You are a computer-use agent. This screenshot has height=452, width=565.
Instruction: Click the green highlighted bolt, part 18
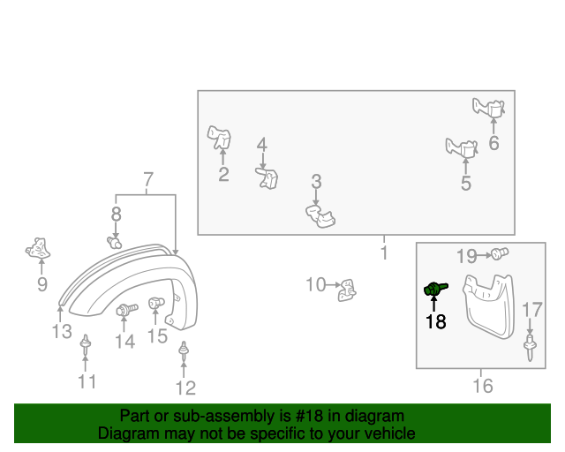435,289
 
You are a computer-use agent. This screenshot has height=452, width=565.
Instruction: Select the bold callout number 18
435,321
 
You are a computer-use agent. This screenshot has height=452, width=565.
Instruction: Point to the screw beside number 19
500,253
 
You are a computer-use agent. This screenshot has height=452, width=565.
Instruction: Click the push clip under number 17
530,347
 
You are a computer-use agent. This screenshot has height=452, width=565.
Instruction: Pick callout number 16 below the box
483,386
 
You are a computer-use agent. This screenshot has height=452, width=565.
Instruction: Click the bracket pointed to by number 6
489,108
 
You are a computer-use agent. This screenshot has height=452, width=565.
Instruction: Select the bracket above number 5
462,147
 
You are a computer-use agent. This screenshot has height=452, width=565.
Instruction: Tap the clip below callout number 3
320,216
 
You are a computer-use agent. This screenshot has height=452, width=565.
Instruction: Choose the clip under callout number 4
267,177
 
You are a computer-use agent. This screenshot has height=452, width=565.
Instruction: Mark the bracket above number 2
219,137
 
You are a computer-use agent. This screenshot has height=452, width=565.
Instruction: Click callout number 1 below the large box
384,252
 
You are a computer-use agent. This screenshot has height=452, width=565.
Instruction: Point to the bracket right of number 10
347,290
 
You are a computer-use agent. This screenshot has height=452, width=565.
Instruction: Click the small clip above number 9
38,248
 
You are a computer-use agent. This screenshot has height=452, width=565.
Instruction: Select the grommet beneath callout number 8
114,242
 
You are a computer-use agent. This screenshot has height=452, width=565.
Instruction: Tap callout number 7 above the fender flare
148,179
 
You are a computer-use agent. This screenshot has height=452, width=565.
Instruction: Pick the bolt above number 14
127,309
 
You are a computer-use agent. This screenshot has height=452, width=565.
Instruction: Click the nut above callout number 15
156,303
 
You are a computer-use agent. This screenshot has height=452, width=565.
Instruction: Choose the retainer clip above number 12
185,351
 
